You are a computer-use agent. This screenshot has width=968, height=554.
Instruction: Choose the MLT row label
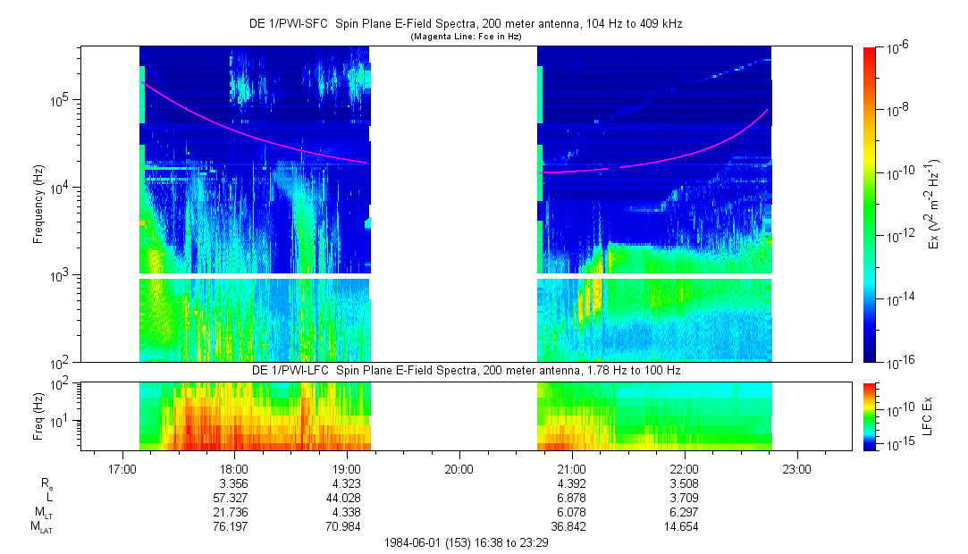click(40, 512)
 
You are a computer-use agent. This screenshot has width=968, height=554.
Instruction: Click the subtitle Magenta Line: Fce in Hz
click(466, 36)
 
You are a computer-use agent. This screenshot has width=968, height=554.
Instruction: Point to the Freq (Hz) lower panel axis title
click(38, 415)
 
